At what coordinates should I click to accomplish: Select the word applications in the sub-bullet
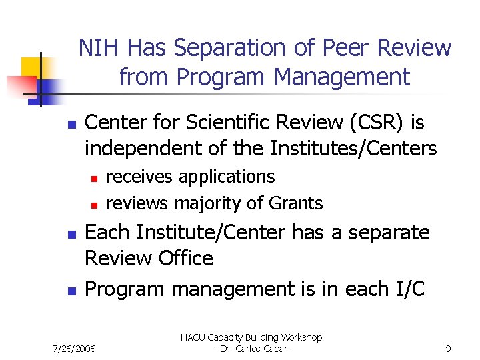click(227, 177)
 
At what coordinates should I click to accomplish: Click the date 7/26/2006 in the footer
click(74, 348)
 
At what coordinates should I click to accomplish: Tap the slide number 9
click(449, 348)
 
